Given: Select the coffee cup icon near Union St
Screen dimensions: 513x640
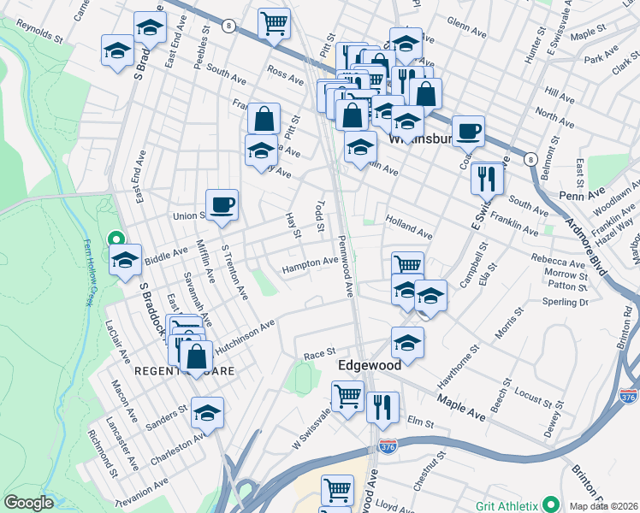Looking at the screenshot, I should click(222, 204).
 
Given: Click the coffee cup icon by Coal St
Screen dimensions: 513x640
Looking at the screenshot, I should click(468, 131).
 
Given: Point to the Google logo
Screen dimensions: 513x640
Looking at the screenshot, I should click(27, 503).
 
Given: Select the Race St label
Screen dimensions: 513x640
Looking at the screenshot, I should click(318, 354).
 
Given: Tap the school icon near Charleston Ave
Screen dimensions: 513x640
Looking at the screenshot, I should click(207, 412).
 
